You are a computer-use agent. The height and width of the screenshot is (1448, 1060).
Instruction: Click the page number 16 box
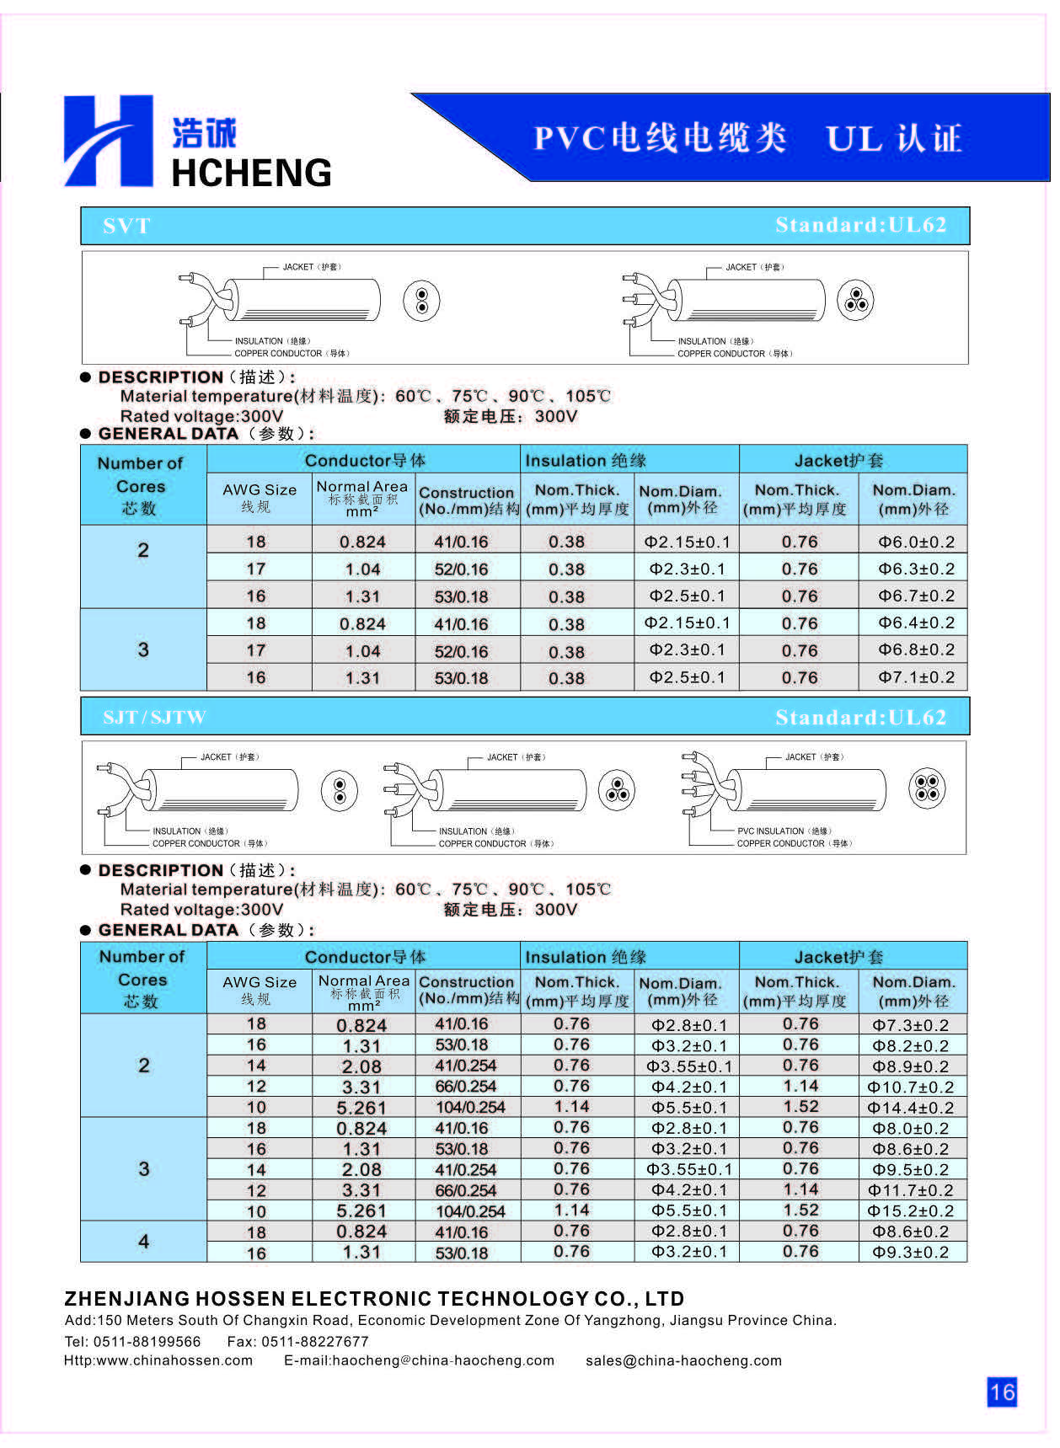(1001, 1391)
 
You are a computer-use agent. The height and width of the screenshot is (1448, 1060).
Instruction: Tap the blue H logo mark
(108, 141)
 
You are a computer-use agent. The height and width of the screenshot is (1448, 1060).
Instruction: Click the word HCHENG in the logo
(251, 173)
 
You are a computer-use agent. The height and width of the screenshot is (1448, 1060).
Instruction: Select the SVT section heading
(126, 226)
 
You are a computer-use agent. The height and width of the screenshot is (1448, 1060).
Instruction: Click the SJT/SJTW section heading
(154, 718)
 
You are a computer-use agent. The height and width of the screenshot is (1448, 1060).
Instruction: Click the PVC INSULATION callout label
(784, 831)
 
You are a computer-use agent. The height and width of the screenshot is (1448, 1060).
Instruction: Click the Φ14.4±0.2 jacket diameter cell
(911, 1108)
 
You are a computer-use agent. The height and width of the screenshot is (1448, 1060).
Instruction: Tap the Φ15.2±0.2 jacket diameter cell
(911, 1211)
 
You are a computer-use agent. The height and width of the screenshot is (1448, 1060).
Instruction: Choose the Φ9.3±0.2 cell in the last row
(911, 1253)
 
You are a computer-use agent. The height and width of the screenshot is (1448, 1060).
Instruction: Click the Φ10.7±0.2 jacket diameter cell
(911, 1087)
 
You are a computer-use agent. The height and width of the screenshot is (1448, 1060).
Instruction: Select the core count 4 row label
(143, 1242)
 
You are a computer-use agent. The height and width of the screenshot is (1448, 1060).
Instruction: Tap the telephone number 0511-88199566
(147, 1342)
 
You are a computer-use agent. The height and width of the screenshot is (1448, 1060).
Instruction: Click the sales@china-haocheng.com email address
(683, 1360)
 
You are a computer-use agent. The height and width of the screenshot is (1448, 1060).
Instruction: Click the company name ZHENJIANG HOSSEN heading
(374, 1298)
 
